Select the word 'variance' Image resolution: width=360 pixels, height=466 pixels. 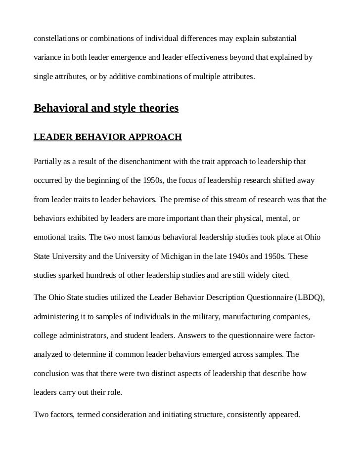click(x=47, y=58)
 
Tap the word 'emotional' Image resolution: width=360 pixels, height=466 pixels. click(x=49, y=237)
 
